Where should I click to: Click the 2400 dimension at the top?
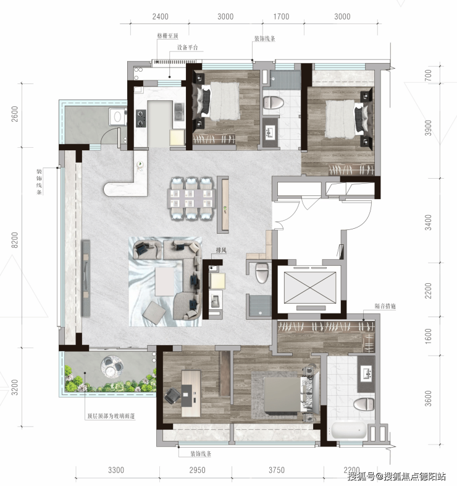161,17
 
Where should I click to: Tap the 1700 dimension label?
281,17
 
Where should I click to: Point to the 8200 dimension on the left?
15,240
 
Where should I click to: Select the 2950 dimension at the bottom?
197,470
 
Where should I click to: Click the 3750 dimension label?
277,470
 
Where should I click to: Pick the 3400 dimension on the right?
428,223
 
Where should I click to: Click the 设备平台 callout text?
187,48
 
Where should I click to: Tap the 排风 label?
221,250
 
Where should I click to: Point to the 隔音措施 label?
385,306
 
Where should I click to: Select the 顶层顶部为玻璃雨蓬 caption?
111,416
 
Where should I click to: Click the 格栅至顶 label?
167,36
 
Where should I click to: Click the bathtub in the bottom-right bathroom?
347,430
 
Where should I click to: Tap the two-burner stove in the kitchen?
141,118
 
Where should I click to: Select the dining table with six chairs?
191,198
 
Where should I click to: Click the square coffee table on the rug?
165,281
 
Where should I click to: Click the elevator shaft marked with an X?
309,288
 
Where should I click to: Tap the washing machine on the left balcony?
117,117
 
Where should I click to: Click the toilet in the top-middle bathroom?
274,103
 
